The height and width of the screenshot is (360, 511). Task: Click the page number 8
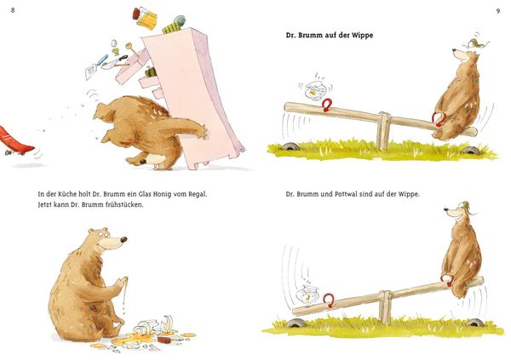[13, 10]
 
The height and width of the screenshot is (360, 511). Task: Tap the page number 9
[497, 11]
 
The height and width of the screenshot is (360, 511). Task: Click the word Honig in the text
[152, 194]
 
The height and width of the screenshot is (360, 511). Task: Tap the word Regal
[198, 194]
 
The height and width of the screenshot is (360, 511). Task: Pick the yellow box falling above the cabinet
[147, 20]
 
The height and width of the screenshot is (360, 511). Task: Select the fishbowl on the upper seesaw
[314, 90]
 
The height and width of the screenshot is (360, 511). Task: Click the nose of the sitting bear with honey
[123, 239]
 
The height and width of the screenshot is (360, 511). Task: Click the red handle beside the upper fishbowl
[326, 105]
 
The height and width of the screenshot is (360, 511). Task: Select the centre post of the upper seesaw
[383, 130]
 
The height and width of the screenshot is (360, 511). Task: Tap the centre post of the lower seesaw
[386, 307]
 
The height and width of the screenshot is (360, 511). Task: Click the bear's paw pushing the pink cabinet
[200, 132]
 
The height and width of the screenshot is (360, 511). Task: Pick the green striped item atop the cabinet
[172, 27]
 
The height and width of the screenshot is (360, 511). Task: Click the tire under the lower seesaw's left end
[296, 323]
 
